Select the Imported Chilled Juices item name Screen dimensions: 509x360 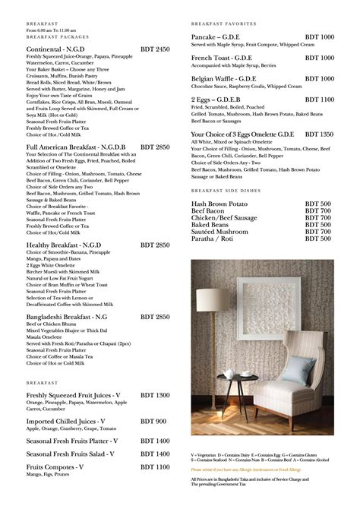(x=68, y=421)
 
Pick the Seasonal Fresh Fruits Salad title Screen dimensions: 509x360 (x=72, y=454)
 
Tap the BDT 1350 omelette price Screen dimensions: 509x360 (x=318, y=134)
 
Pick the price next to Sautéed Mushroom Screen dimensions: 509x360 (x=318, y=232)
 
